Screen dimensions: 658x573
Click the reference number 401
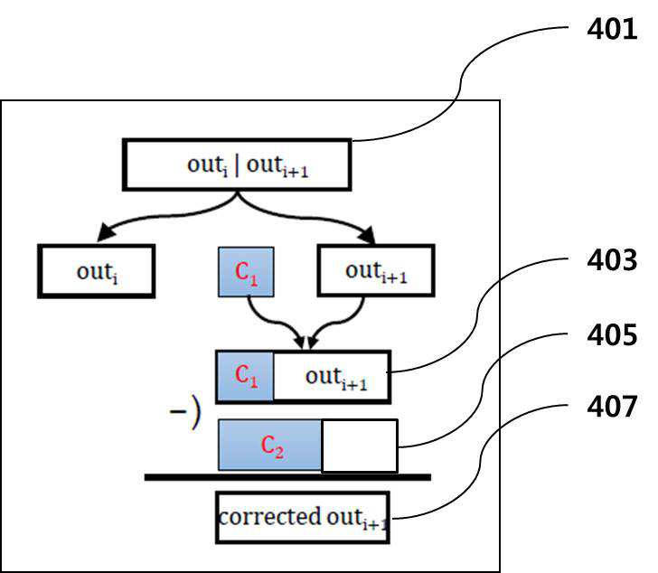pos(612,29)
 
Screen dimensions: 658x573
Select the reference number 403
pos(612,260)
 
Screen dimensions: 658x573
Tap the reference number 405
pos(612,335)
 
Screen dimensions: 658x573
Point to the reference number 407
pos(612,407)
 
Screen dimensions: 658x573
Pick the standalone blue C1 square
pos(247,272)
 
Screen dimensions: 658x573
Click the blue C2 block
pos(270,445)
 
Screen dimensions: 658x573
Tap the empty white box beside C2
pos(360,446)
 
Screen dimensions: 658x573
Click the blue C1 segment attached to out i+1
pos(246,376)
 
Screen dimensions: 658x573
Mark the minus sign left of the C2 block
pos(177,411)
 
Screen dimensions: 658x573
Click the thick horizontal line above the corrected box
pos(287,477)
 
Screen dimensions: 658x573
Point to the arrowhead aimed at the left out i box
pos(105,232)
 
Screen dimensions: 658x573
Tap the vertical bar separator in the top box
pos(237,165)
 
